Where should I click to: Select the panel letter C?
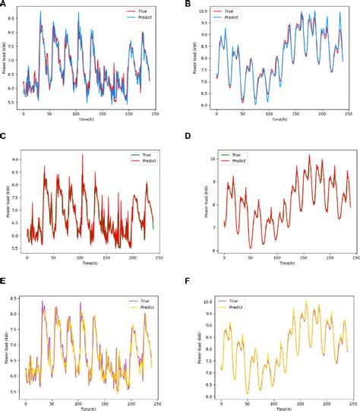pyautogui.click(x=5, y=136)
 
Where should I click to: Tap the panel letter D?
pyautogui.click(x=188, y=137)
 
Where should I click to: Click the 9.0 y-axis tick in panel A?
pyautogui.click(x=15, y=11)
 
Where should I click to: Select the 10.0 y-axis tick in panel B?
pyautogui.click(x=202, y=11)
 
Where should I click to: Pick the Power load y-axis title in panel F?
pyautogui.click(x=192, y=346)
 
